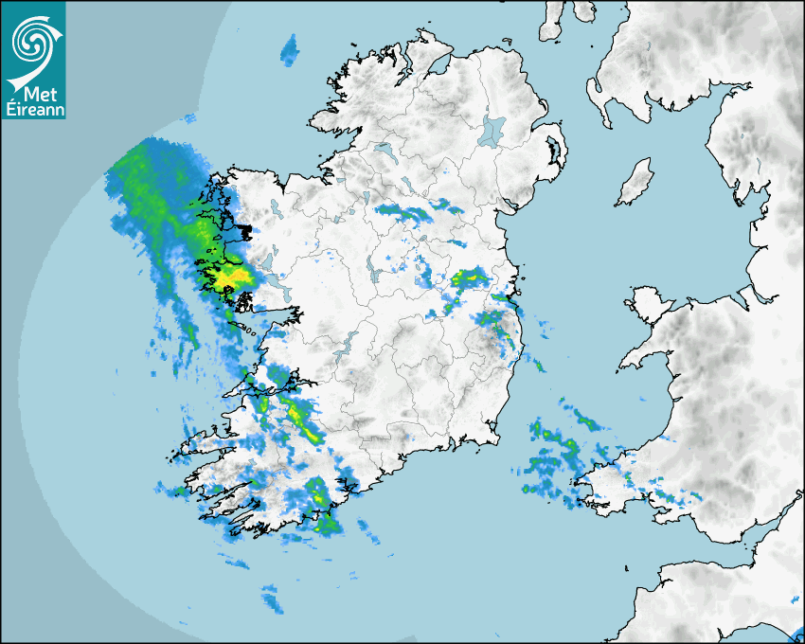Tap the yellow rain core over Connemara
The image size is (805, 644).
[230, 277]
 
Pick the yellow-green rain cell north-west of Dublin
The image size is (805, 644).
[469, 277]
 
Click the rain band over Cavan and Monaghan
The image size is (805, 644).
[417, 212]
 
